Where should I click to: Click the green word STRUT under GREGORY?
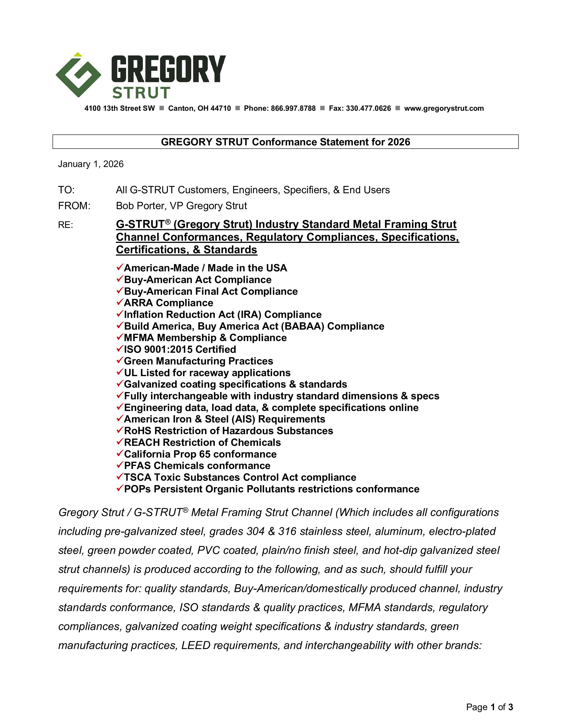pyautogui.click(x=142, y=93)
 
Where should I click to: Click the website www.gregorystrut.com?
pyautogui.click(x=444, y=108)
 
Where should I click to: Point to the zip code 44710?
pyautogui.click(x=221, y=108)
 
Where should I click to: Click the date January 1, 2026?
pyautogui.click(x=91, y=164)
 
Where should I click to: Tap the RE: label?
pyautogui.click(x=66, y=225)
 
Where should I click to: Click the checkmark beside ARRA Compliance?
pyautogui.click(x=120, y=302)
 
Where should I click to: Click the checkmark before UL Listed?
pyautogui.click(x=120, y=372)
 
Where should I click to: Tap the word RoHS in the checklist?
pyautogui.click(x=138, y=431)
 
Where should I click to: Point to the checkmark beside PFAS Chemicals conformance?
pyautogui.click(x=120, y=465)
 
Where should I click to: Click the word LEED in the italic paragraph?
pyautogui.click(x=196, y=645)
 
